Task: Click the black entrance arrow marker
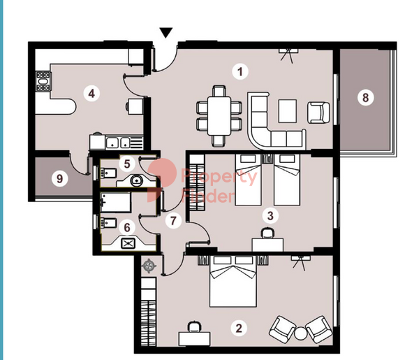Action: [165, 33]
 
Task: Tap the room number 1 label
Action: [240, 71]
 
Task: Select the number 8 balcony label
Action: [365, 98]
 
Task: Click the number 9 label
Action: [59, 178]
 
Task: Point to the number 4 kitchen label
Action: [91, 94]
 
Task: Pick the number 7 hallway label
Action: [173, 221]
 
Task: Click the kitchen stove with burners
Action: [43, 81]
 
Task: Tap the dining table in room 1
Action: [219, 115]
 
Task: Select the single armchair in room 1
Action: [318, 113]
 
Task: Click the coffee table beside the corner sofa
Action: [287, 111]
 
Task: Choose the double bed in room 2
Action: [233, 282]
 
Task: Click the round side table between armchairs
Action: [301, 333]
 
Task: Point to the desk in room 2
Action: [195, 339]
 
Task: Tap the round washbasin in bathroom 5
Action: [135, 180]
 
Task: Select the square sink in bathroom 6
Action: [128, 243]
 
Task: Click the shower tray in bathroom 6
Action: [115, 202]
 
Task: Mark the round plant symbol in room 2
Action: [149, 266]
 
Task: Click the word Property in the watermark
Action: [219, 177]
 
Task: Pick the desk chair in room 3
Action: [267, 233]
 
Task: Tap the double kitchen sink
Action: [118, 143]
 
